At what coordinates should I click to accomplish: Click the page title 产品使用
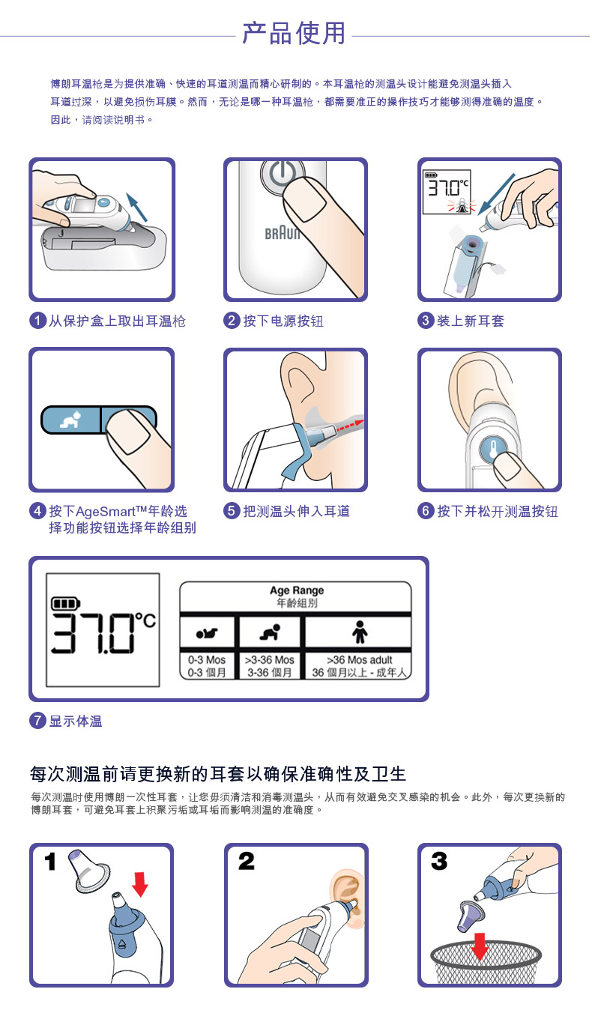(x=294, y=33)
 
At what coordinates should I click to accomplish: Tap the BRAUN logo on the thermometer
(x=282, y=233)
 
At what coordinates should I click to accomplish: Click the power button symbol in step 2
(x=283, y=175)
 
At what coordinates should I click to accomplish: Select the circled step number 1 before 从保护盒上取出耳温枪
(x=38, y=321)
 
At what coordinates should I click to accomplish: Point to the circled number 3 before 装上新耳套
(x=426, y=321)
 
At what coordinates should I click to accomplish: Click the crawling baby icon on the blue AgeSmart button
(x=71, y=420)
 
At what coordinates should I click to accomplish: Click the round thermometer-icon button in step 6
(x=493, y=449)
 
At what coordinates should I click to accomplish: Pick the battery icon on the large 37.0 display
(x=66, y=603)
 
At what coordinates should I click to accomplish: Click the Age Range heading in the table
(x=297, y=590)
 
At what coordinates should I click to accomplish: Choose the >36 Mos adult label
(x=360, y=659)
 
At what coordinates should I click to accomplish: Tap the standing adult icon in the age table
(x=360, y=632)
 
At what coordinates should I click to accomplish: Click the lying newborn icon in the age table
(x=207, y=633)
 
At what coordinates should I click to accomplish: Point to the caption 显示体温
(x=75, y=721)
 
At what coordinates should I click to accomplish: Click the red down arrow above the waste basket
(x=480, y=946)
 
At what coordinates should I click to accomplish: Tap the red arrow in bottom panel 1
(x=140, y=884)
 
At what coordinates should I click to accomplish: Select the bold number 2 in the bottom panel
(x=247, y=861)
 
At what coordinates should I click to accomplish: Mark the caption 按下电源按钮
(x=283, y=321)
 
